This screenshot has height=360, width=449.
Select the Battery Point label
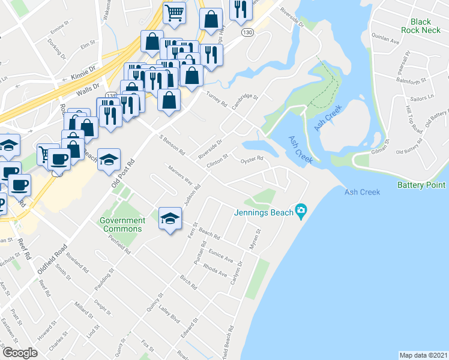[421, 185]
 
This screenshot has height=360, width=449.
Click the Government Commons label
[122, 224]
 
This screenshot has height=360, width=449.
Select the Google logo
[20, 352]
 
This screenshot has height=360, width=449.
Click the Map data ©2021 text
[423, 355]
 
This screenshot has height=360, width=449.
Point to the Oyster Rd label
[252, 159]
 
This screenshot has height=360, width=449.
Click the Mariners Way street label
[179, 175]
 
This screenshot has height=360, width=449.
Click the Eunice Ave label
[220, 256]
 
